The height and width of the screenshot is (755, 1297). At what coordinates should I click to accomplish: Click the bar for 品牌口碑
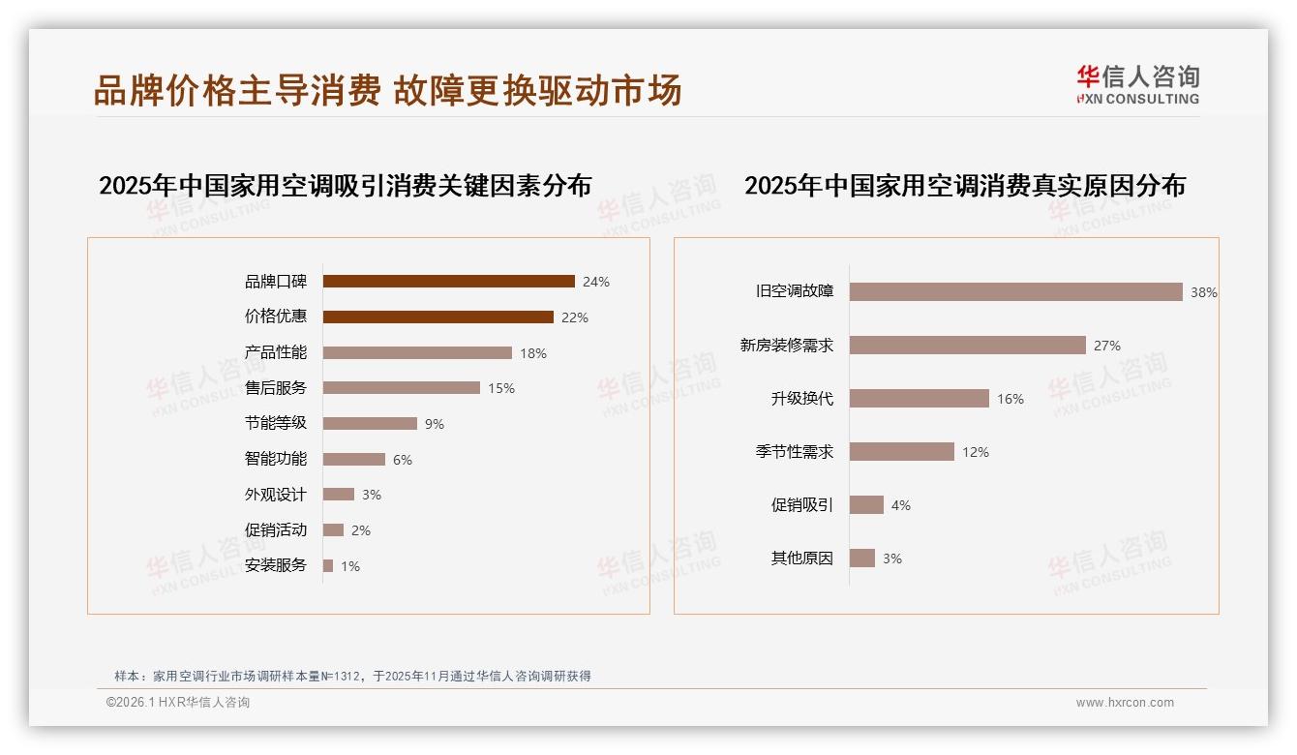tap(448, 282)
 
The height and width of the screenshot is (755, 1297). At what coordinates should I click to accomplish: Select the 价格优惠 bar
tap(437, 317)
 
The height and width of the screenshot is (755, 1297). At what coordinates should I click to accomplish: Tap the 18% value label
tap(533, 353)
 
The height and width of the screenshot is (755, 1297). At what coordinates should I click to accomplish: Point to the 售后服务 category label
tap(276, 388)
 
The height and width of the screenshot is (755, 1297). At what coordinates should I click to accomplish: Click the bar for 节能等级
tap(370, 424)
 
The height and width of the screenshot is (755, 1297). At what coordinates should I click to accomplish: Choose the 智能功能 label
tap(276, 459)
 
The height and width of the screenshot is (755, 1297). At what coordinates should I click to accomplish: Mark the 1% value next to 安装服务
tap(349, 566)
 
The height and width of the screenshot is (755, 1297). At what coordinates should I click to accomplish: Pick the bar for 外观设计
tap(339, 495)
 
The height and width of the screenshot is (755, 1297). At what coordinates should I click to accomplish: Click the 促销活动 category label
tap(276, 529)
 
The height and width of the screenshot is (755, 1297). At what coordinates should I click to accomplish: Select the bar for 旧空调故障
tap(1016, 292)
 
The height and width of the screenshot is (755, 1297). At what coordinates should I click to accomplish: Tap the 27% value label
tap(1107, 346)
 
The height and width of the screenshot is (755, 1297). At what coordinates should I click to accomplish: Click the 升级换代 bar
tap(920, 399)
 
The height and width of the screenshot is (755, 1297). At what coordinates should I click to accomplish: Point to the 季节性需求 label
tap(795, 452)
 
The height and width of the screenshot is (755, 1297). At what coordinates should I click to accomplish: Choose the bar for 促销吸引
tap(867, 505)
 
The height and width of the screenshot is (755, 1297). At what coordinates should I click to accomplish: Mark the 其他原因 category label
tap(802, 559)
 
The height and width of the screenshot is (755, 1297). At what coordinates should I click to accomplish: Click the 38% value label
tap(1204, 292)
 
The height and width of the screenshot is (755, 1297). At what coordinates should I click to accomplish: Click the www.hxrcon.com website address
tap(1125, 703)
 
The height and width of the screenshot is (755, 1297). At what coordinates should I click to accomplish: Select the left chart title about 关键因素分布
tap(346, 185)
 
